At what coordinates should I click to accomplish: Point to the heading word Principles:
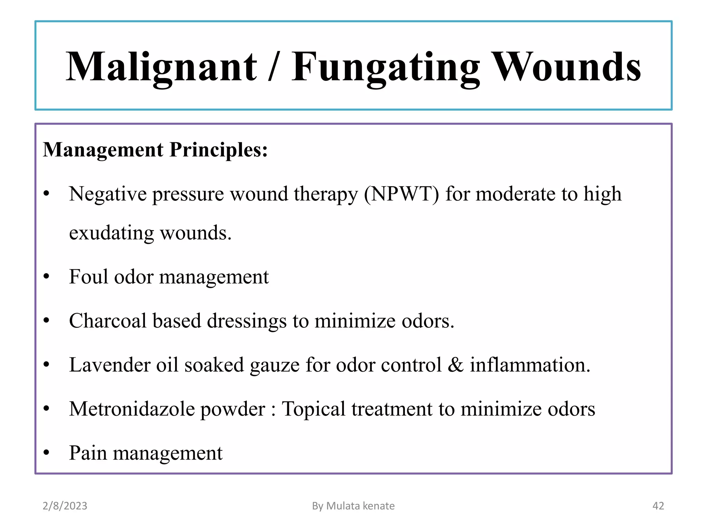tap(219, 150)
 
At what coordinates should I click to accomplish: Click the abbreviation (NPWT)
tap(401, 194)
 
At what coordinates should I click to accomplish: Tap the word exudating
tap(112, 233)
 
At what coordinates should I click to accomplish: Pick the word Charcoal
tap(108, 321)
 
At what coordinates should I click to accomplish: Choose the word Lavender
tap(110, 365)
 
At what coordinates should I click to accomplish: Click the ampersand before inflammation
tap(455, 365)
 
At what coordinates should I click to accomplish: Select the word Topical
tap(313, 409)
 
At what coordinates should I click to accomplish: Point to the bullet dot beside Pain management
tap(47, 452)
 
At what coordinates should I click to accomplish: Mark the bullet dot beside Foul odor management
tap(47, 276)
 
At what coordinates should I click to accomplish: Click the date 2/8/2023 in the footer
tap(65, 506)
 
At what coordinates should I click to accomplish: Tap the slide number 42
tap(658, 506)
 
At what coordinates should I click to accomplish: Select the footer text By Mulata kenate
tap(353, 506)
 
